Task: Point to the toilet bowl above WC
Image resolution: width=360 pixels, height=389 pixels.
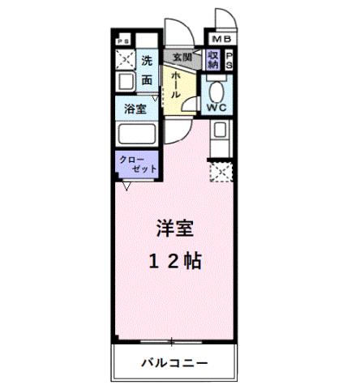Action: click(x=216, y=88)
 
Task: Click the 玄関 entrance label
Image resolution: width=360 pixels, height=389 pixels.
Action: click(x=182, y=57)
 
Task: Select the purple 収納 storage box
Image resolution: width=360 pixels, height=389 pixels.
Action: click(x=212, y=61)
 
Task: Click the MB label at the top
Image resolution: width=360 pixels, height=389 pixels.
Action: click(x=221, y=39)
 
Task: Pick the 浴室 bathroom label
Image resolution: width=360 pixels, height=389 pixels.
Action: click(x=135, y=109)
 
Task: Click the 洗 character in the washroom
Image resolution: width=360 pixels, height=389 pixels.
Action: click(x=147, y=60)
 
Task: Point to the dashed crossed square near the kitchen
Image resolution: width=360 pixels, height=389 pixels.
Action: click(x=221, y=171)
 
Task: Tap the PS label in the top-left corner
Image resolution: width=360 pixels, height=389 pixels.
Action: click(x=123, y=39)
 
